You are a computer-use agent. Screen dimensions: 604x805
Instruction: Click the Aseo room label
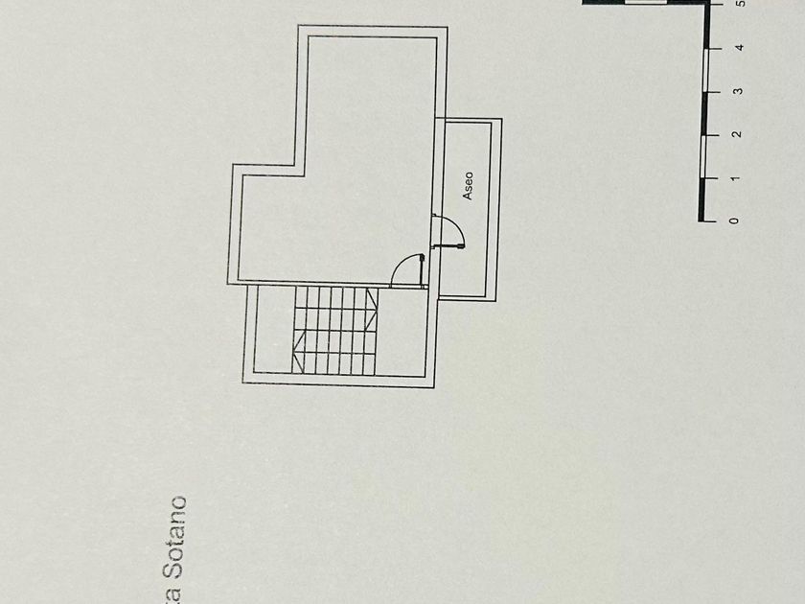pos(469,186)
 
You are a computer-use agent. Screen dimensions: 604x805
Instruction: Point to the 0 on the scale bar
pos(734,221)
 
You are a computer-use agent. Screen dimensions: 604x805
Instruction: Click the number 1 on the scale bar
pos(735,178)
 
